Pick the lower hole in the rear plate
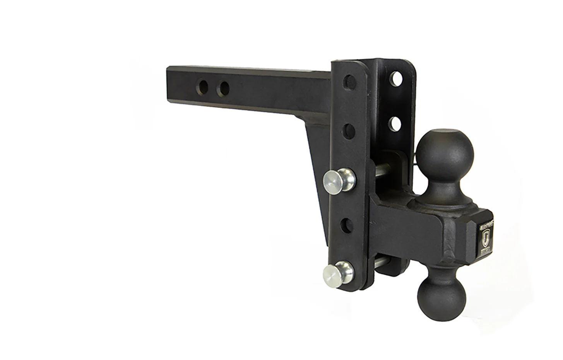[395, 124]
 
